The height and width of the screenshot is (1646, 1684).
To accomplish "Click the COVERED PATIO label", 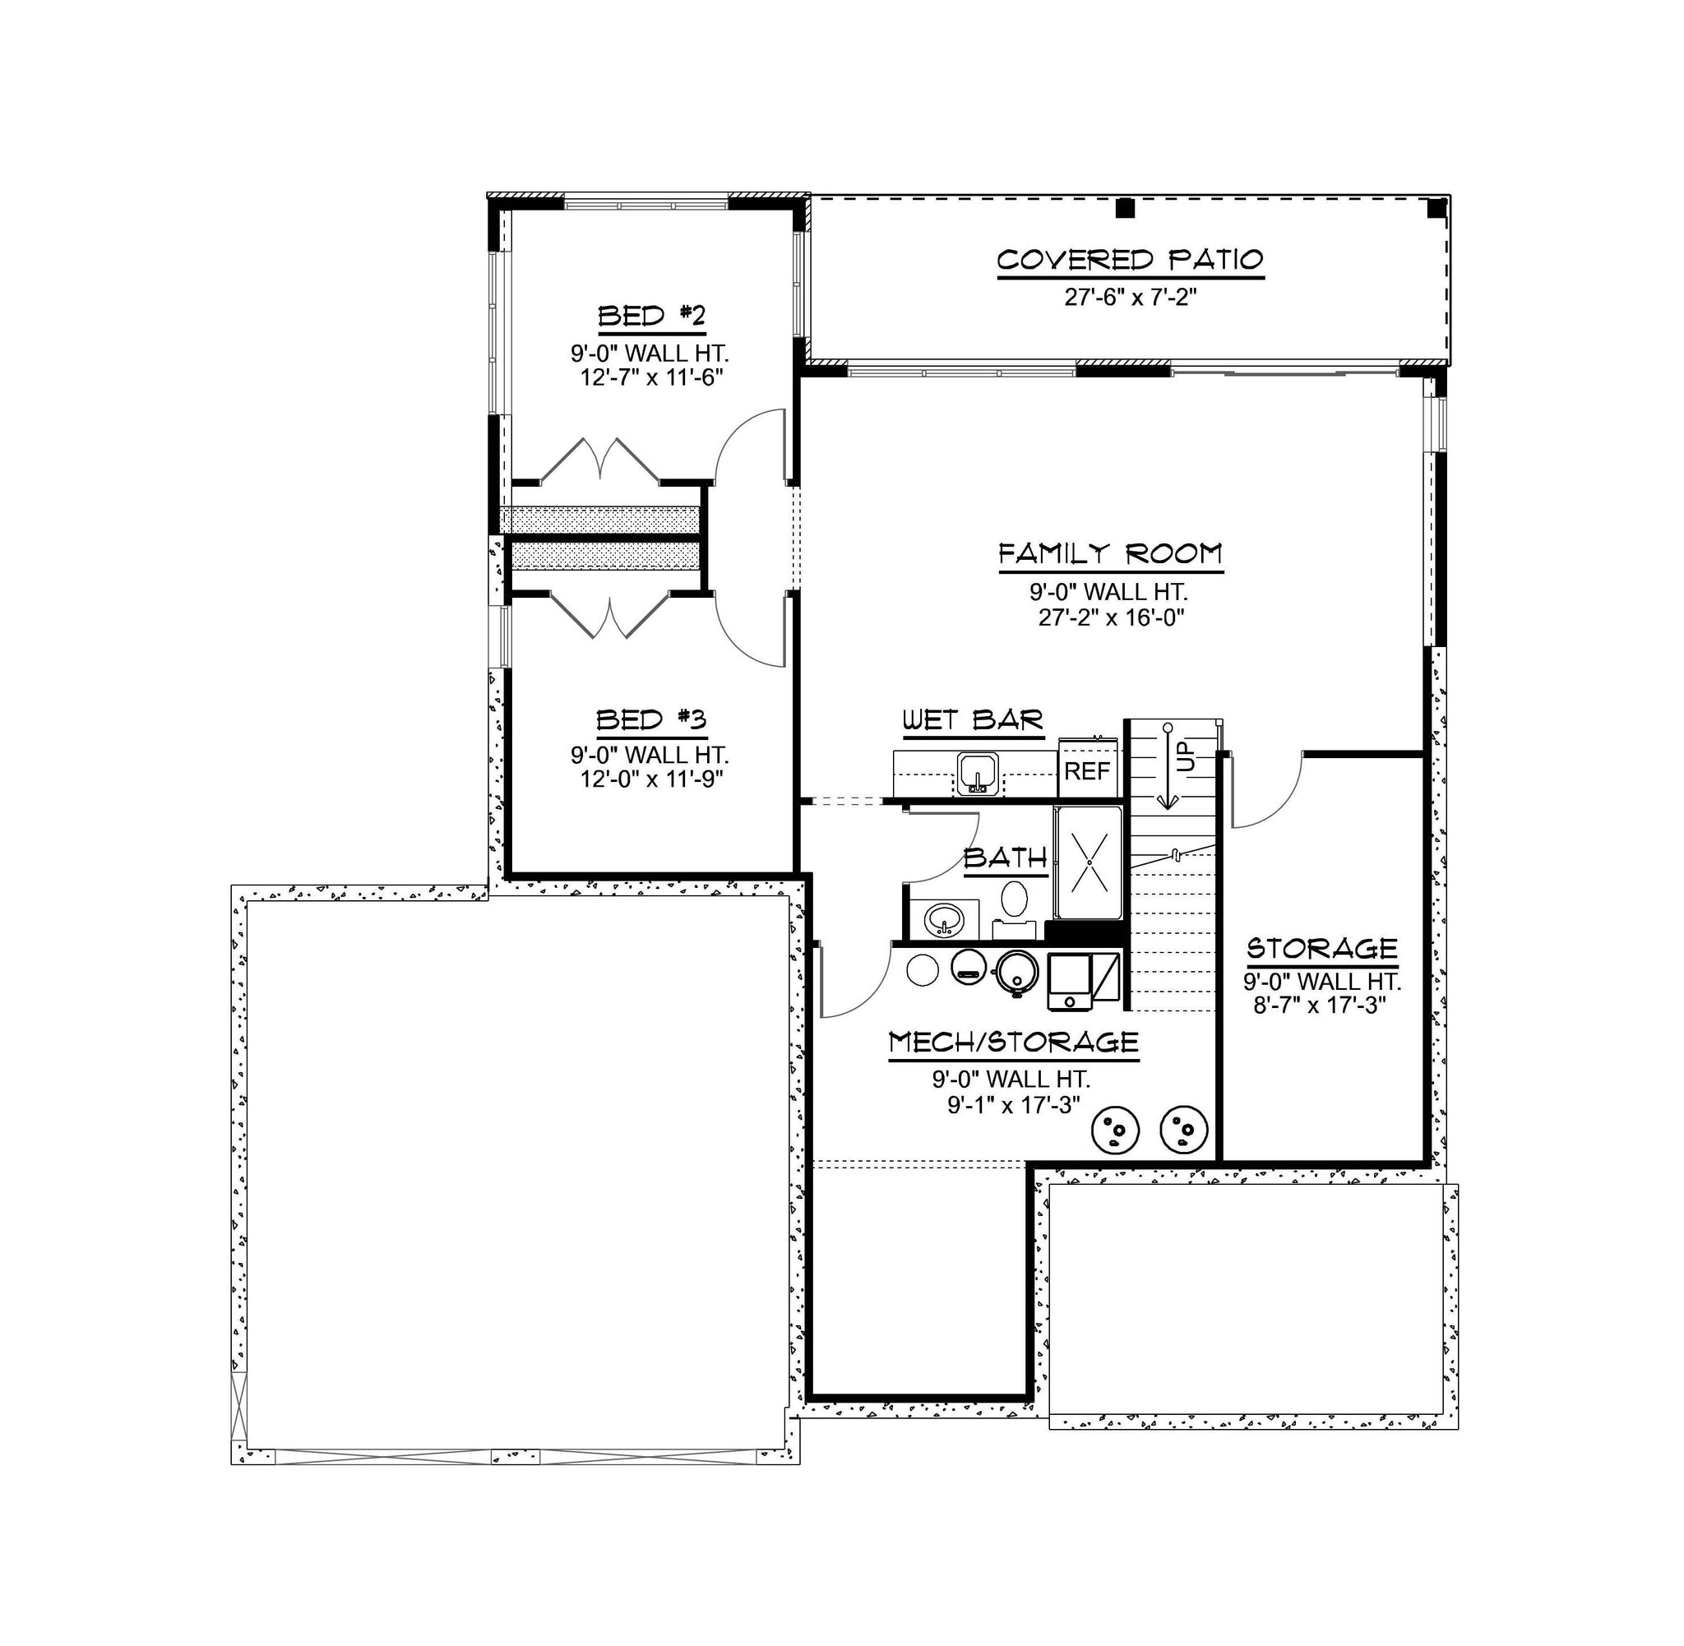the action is [x=1130, y=260].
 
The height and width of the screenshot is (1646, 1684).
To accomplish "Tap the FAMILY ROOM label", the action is [x=1111, y=553].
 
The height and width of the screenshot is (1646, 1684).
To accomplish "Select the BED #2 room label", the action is [x=652, y=316].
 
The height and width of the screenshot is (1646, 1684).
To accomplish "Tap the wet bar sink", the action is [x=978, y=771].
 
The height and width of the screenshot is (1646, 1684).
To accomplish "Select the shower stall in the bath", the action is [x=1089, y=862].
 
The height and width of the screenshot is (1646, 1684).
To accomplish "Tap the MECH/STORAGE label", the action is [x=1013, y=1043].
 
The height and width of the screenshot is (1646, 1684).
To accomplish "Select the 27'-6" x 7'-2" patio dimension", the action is [x=1130, y=298].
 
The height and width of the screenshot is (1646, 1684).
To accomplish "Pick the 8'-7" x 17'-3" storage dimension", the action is [x=1320, y=1005].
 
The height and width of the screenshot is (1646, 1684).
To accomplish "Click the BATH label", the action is [x=1006, y=858].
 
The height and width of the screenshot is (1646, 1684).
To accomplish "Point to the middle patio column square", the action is [x=1125, y=207].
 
